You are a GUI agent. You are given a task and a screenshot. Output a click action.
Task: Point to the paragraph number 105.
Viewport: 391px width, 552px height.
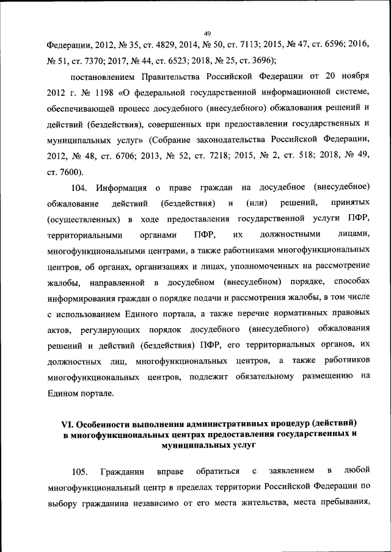tap(79, 471)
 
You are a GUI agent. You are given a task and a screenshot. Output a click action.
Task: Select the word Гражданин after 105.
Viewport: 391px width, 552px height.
tap(123, 471)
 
